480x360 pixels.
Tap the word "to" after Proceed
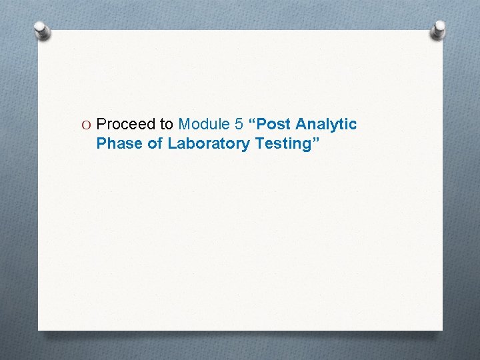pos(166,125)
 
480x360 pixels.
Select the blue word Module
pos(204,125)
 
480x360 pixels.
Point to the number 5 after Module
pos(239,125)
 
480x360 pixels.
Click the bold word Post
pos(274,125)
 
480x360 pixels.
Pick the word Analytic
pos(326,125)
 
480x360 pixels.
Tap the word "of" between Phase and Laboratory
pos(155,143)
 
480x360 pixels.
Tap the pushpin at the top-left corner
pos(41,30)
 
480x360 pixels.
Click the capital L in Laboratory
pos(171,143)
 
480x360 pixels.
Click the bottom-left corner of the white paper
pos(39,329)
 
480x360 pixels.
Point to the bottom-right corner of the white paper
pos(442,329)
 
